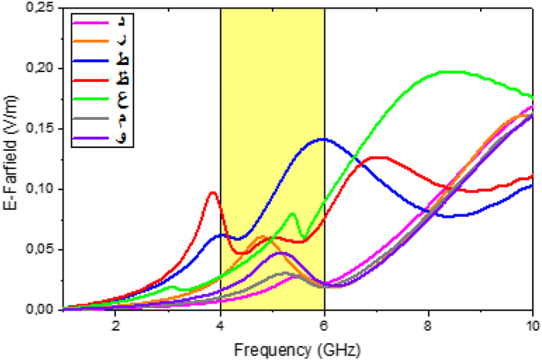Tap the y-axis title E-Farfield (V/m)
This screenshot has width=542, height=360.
(11, 159)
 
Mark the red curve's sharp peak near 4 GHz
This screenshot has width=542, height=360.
(213, 193)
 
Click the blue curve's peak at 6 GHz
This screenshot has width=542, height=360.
(322, 139)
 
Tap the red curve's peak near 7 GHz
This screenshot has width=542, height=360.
(378, 157)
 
